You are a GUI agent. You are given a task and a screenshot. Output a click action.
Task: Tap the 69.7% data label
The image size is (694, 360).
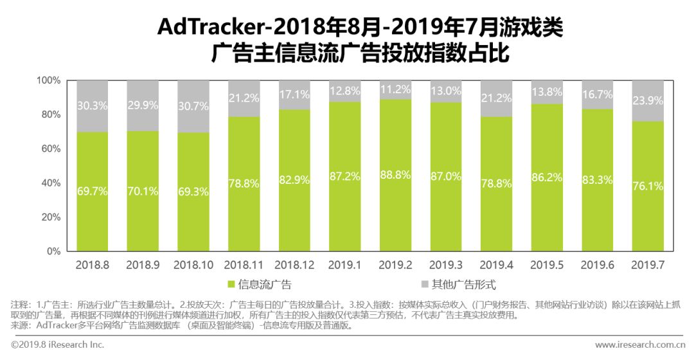(x=92, y=191)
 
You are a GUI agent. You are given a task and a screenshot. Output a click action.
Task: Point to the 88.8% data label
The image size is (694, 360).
(x=395, y=174)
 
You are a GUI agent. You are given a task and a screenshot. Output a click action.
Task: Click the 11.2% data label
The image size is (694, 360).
(x=395, y=89)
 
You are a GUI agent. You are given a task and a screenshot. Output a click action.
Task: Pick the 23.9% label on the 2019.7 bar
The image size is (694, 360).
(x=647, y=100)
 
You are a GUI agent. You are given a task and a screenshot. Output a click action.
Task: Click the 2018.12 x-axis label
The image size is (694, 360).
(x=294, y=264)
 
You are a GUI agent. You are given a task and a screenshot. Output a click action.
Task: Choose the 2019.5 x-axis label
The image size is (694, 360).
(x=547, y=264)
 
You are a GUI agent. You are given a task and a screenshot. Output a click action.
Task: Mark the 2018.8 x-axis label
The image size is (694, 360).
(x=92, y=264)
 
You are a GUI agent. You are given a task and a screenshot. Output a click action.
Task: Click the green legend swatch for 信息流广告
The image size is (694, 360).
(x=232, y=284)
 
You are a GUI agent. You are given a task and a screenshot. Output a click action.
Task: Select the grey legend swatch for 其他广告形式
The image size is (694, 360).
(x=425, y=284)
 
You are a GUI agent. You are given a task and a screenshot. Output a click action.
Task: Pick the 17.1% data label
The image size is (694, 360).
(x=294, y=94)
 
